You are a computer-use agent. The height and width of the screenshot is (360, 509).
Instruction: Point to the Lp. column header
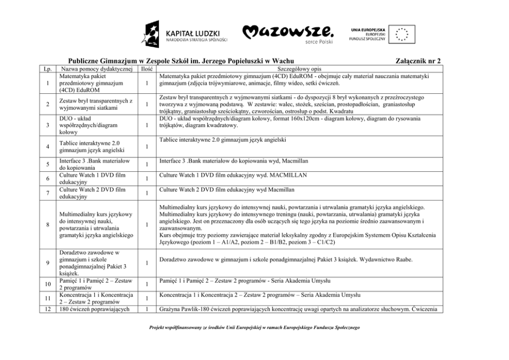pyautogui.click(x=47, y=68)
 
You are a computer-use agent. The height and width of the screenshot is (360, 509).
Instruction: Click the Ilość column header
pyautogui.click(x=147, y=68)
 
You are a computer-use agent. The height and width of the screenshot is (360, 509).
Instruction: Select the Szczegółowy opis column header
pyautogui.click(x=299, y=68)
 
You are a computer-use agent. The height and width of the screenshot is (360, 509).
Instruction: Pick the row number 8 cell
pyautogui.click(x=47, y=225)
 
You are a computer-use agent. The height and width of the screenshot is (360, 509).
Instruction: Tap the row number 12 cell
pyautogui.click(x=47, y=309)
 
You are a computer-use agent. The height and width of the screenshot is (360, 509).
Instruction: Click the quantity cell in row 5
pyautogui.click(x=147, y=165)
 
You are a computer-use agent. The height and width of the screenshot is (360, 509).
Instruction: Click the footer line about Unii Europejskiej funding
pyautogui.click(x=254, y=327)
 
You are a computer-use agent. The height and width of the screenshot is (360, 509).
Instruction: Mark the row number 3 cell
pyautogui.click(x=47, y=125)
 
